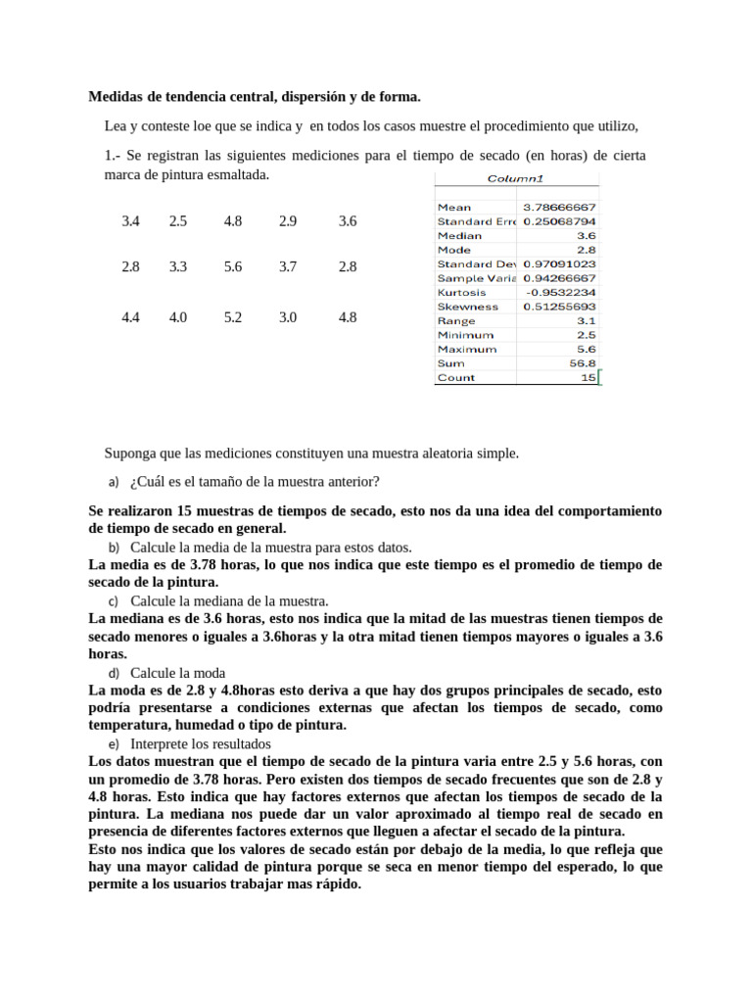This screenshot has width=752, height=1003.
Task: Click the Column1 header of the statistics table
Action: [x=515, y=178]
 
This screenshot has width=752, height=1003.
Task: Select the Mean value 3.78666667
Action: [x=559, y=208]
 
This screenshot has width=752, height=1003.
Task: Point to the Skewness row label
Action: [x=467, y=307]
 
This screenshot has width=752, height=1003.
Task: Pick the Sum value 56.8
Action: [x=583, y=363]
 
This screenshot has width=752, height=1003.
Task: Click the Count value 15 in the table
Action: [x=587, y=377]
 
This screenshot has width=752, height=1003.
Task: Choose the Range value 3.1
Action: [x=586, y=320]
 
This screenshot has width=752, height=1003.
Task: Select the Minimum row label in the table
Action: [x=466, y=335]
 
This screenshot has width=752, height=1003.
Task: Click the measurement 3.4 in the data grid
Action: [x=131, y=221]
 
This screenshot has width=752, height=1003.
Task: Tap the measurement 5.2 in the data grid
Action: [x=233, y=317]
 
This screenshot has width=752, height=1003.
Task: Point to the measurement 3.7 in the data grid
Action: [x=288, y=266]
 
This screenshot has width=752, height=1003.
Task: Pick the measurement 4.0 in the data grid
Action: [x=178, y=317]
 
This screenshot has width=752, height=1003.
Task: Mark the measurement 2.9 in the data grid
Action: [x=288, y=221]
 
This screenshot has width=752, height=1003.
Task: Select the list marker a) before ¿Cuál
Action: [x=114, y=482]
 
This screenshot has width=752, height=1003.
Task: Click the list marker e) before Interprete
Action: [x=114, y=744]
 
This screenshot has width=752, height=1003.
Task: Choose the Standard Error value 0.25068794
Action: [x=559, y=221]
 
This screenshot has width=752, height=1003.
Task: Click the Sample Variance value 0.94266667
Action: [x=559, y=278]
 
